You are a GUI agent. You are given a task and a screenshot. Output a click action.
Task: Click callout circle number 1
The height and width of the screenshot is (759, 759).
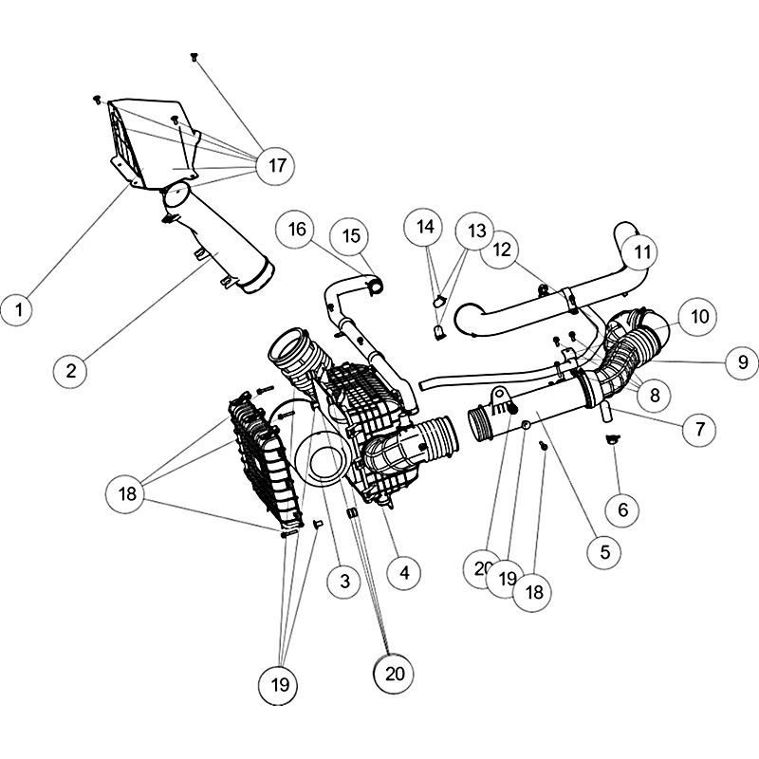(x=19, y=309)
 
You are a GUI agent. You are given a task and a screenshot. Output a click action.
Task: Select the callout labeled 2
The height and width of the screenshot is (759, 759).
(x=71, y=371)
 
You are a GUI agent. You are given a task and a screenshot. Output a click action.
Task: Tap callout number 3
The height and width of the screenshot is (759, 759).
(x=344, y=581)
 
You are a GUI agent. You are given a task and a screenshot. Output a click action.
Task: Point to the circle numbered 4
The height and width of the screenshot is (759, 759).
(x=405, y=573)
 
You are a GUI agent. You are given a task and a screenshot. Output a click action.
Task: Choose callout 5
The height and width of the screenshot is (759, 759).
(x=605, y=552)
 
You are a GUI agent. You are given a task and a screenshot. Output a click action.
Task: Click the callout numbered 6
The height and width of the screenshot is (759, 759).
(x=623, y=509)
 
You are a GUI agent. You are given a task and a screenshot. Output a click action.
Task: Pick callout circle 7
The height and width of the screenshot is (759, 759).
(x=699, y=429)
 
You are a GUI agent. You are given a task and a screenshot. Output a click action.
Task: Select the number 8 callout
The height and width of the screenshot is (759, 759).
(x=655, y=395)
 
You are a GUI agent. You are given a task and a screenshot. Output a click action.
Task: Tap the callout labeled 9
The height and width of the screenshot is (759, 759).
(x=743, y=362)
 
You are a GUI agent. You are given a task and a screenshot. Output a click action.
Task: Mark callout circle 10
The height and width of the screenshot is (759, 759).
(x=698, y=317)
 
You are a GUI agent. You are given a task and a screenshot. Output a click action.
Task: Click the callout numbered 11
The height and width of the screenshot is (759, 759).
(x=641, y=252)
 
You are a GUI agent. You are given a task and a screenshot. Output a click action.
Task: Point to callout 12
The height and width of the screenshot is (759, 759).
(x=502, y=250)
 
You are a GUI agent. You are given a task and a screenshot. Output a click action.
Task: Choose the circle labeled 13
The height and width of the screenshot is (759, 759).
(x=476, y=231)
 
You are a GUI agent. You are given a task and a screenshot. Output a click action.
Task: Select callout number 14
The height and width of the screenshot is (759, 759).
(x=425, y=227)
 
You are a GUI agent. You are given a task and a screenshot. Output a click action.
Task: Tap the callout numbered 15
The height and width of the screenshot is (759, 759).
(x=351, y=235)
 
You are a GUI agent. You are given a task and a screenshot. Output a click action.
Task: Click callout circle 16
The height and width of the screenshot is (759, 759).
(x=296, y=229)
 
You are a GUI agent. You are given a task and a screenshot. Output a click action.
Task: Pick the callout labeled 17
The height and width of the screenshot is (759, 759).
(x=276, y=165)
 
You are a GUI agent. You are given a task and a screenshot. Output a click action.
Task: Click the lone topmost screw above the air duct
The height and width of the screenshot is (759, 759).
(x=194, y=57)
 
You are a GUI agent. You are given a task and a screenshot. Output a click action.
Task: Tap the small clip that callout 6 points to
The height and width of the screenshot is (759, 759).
(x=612, y=438)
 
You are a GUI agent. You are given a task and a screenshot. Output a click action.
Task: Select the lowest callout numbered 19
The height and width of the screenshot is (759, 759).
(x=279, y=685)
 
